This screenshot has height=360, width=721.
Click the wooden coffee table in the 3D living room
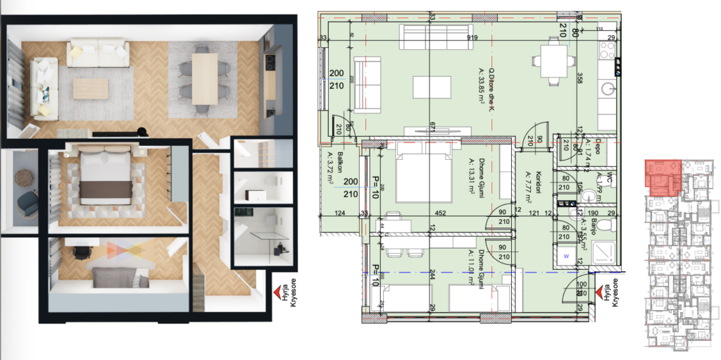[91, 88]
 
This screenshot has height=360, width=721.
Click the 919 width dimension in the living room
[472, 39]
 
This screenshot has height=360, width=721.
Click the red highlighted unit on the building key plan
[663, 175]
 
